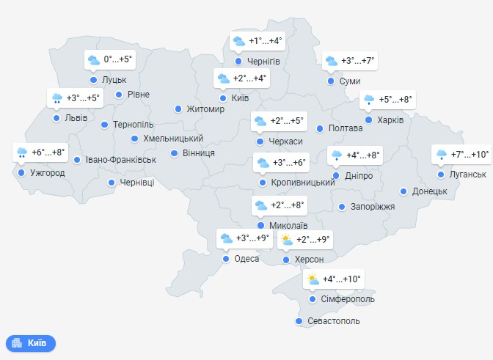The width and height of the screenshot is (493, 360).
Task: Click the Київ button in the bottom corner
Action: point(31,342)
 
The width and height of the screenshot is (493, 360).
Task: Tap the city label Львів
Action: point(76,117)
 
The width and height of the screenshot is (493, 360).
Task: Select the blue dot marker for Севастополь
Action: point(298,321)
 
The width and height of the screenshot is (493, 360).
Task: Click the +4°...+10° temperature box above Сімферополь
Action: point(333,279)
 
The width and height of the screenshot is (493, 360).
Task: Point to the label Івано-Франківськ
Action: point(121,159)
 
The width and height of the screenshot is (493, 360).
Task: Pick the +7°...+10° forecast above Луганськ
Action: point(461,155)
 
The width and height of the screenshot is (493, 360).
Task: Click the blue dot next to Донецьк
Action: point(403,191)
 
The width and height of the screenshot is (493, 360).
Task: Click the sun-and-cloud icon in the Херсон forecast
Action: point(286,239)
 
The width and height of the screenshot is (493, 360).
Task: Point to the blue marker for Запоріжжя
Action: point(342,207)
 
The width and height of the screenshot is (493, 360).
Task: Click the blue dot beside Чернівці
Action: point(112,183)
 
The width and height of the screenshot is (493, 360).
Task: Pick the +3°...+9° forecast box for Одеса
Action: point(245,238)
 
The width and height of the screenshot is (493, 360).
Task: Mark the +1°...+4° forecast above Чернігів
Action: point(258,41)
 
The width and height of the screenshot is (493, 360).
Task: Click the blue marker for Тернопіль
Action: point(106,125)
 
